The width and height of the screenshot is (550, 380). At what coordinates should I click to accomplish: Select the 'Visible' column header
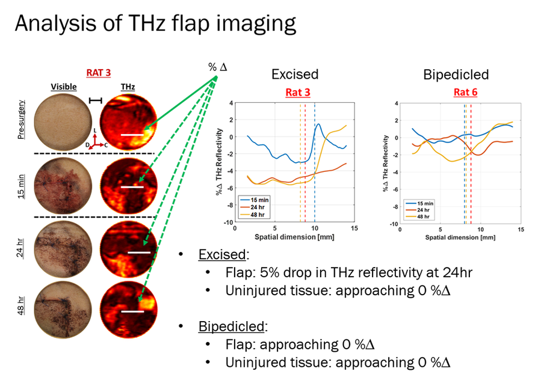pos(64,87)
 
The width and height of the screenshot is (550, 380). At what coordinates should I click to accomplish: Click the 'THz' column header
pos(127,87)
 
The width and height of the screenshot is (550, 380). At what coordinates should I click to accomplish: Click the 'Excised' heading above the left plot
pos(294,75)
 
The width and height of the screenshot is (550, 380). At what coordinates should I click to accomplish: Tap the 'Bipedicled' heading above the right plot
pos(456,75)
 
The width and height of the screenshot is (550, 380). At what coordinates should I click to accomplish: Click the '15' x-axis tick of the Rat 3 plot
pos(354,228)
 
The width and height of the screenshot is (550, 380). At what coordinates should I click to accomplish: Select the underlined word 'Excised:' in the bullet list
pos(221,255)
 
